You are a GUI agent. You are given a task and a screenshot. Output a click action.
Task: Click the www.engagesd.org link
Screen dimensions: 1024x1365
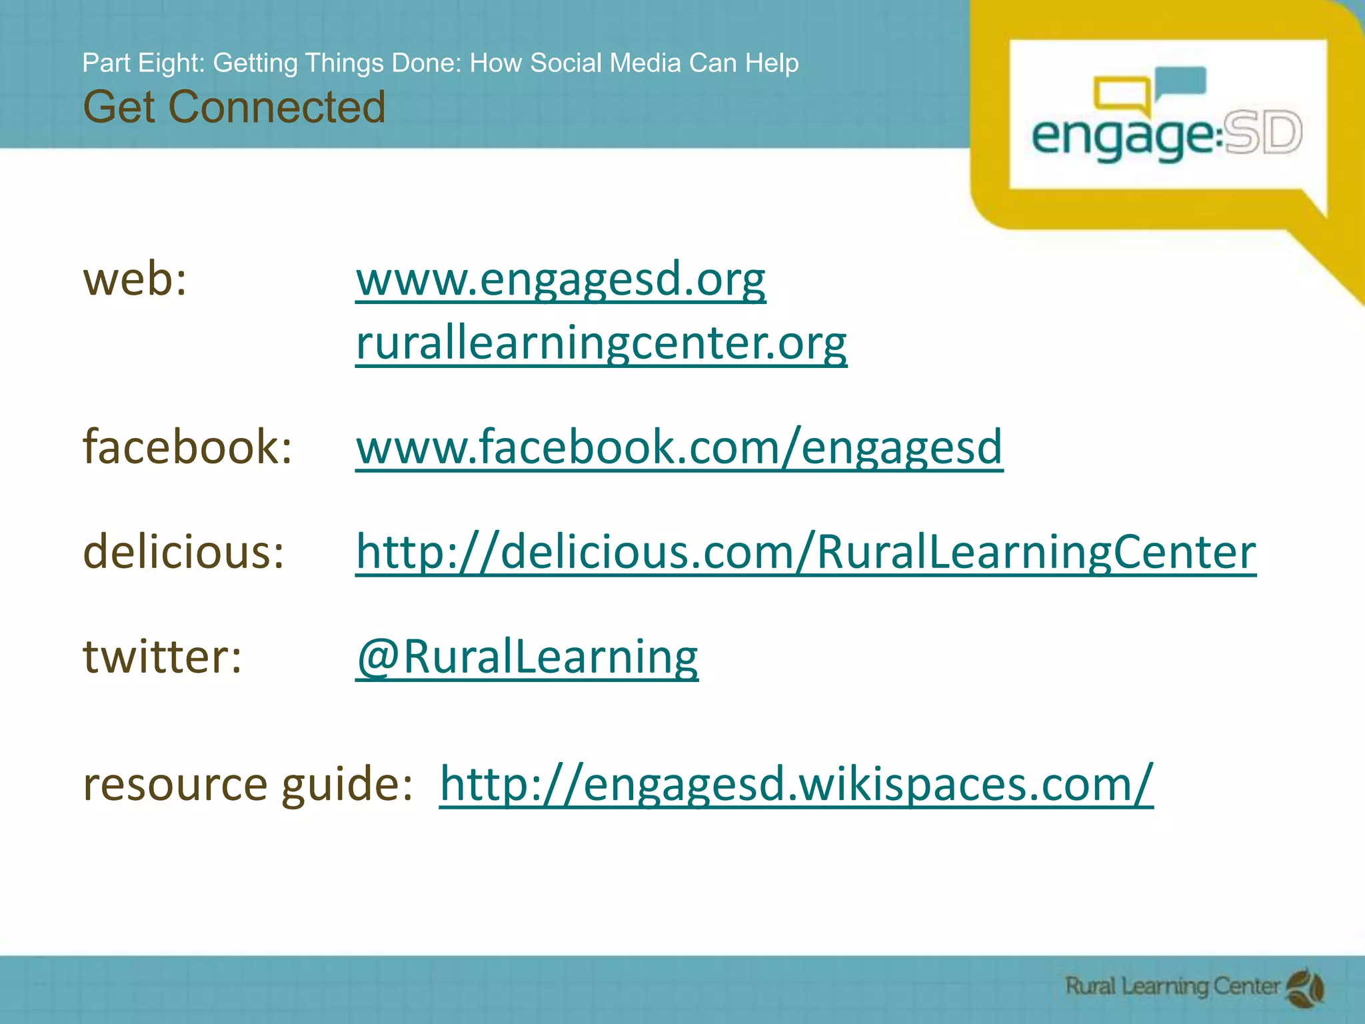[x=561, y=279]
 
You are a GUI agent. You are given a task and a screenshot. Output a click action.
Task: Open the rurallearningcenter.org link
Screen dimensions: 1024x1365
[x=601, y=343]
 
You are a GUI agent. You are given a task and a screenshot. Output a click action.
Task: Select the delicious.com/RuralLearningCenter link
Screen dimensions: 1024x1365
[x=805, y=552]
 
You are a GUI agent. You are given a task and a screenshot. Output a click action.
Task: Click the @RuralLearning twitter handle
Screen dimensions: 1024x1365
[x=527, y=657]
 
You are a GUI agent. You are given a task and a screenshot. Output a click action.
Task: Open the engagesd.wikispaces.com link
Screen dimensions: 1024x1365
[x=796, y=783]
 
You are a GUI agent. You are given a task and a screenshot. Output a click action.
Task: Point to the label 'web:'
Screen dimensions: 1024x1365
[x=135, y=279]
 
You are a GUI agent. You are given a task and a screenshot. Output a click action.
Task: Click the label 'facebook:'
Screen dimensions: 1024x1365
[x=187, y=447]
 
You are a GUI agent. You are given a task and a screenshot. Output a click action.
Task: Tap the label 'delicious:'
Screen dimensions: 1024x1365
[x=183, y=552]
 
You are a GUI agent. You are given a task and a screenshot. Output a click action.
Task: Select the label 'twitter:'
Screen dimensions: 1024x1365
[x=162, y=657]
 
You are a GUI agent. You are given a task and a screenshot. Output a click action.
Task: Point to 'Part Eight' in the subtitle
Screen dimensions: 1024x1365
[x=143, y=63]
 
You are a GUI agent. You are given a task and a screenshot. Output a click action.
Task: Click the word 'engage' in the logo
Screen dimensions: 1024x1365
[x=1122, y=137]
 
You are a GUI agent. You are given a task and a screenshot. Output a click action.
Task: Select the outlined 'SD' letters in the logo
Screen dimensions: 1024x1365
[x=1262, y=133]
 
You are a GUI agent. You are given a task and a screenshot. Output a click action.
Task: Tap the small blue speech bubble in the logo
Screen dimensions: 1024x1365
[x=1182, y=83]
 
